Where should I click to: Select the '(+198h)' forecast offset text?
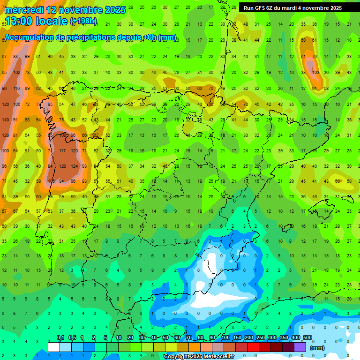84,21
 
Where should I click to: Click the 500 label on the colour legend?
307,338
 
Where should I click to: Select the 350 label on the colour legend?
284,338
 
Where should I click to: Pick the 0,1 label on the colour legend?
60,338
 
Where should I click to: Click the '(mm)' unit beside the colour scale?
317,348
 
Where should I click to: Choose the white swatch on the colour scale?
54,347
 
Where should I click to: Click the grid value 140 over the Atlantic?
5,120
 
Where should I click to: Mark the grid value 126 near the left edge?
5,104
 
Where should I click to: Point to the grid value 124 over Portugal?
74,166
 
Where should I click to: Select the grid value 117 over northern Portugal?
62,151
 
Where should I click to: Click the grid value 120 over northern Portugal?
74,151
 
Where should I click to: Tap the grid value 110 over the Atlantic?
16,89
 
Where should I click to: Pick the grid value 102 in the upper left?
16,73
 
